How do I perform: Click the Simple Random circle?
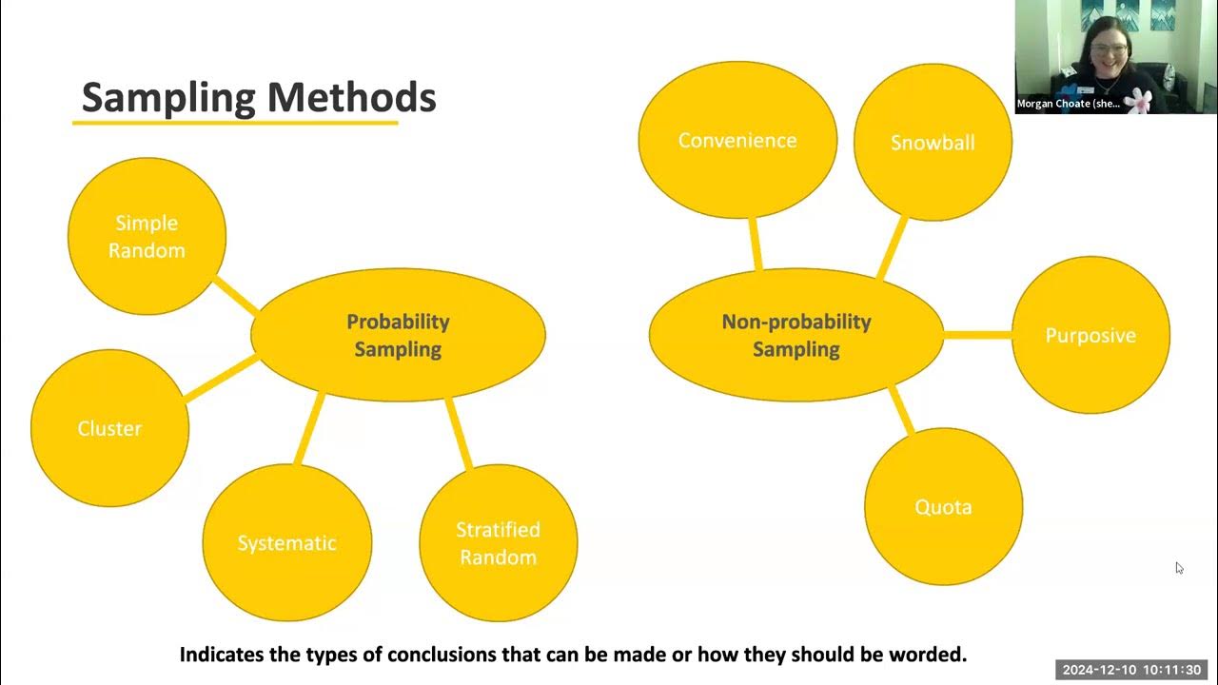[147, 236]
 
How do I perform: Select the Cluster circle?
[109, 428]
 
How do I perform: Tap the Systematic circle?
[286, 543]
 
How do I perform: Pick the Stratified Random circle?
[498, 543]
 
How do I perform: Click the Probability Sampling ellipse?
[398, 335]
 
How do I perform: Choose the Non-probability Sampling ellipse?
[796, 335]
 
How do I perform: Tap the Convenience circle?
[737, 140]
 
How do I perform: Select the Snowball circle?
[933, 143]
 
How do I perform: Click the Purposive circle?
[1090, 335]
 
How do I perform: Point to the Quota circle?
[943, 506]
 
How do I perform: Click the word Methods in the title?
[351, 97]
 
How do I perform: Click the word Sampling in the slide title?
[168, 97]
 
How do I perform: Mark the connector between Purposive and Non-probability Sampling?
[977, 335]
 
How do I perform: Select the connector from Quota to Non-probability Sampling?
[901, 410]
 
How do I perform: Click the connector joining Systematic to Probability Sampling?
[309, 430]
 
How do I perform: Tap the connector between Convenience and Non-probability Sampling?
[756, 245]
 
